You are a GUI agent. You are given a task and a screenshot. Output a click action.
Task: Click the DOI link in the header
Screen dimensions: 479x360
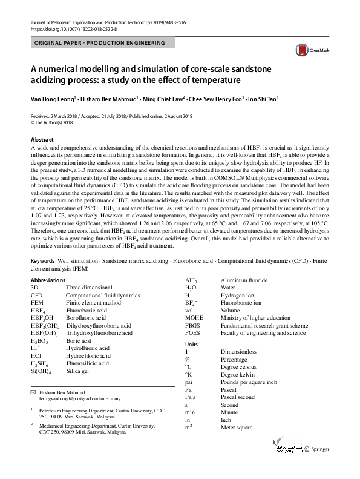[x=71, y=28]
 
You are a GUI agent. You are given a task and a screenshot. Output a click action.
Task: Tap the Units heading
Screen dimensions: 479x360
[x=191, y=344]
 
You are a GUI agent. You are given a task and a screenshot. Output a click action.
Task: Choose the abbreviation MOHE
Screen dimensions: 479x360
[x=195, y=317]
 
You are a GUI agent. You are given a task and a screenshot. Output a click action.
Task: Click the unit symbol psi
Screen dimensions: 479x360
[x=189, y=382]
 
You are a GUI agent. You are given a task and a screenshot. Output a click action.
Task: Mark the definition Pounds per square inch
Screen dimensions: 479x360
[x=249, y=382]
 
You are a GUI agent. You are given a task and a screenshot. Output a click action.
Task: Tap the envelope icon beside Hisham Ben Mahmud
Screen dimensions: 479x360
[x=33, y=392]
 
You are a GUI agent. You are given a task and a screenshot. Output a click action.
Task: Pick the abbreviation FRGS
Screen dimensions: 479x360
[x=194, y=325]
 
